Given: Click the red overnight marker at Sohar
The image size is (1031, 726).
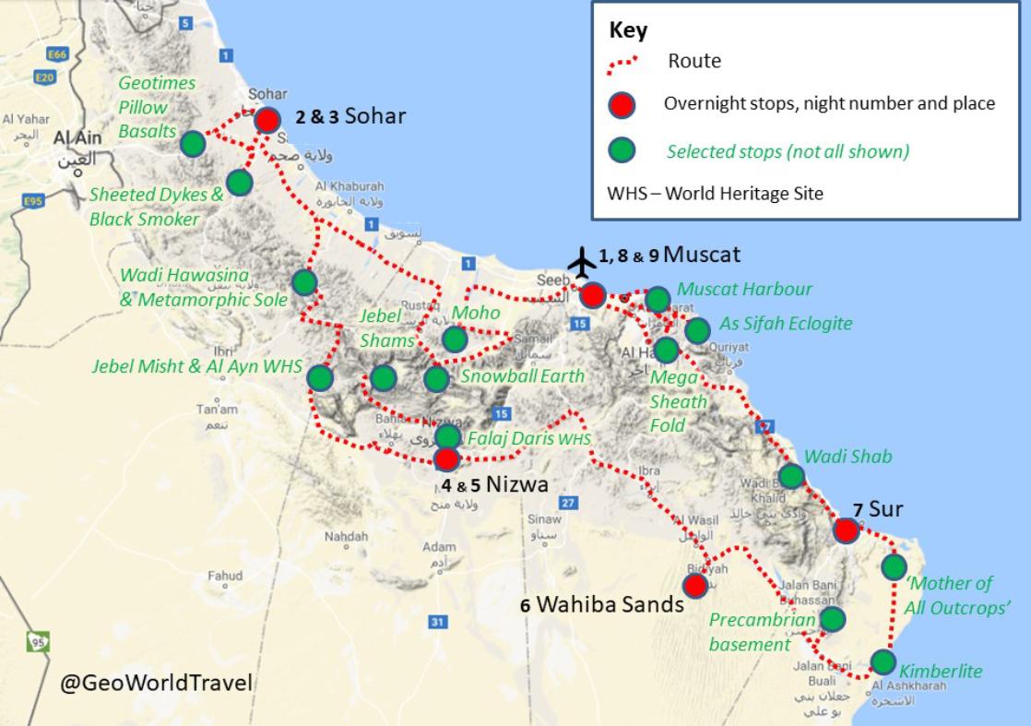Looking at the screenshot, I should click(x=267, y=120).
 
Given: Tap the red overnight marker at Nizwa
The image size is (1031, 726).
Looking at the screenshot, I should click(x=446, y=458).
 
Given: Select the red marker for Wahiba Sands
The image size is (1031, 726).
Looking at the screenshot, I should click(x=695, y=585).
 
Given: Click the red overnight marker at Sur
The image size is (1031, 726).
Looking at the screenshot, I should click(x=846, y=530).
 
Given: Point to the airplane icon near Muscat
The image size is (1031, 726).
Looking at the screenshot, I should click(x=583, y=262).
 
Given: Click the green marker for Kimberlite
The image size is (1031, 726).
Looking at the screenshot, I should click(x=883, y=661).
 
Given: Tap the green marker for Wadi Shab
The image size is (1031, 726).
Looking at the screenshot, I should click(x=791, y=476).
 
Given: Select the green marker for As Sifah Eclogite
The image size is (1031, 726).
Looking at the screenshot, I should click(x=697, y=329).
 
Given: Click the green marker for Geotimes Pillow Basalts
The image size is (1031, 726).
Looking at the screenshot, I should click(x=193, y=144).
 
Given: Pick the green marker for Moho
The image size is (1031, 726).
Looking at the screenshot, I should click(x=455, y=339).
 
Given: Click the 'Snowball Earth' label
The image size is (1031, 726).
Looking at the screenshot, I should click(x=522, y=376).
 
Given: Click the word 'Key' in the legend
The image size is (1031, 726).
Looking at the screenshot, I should click(x=628, y=30).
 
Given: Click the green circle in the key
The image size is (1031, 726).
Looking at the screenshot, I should click(x=622, y=149).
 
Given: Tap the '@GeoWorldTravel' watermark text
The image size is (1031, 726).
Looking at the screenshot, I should click(x=156, y=684).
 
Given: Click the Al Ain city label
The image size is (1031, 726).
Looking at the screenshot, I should click(x=75, y=138).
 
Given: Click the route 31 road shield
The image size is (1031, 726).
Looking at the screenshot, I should click(x=437, y=623).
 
